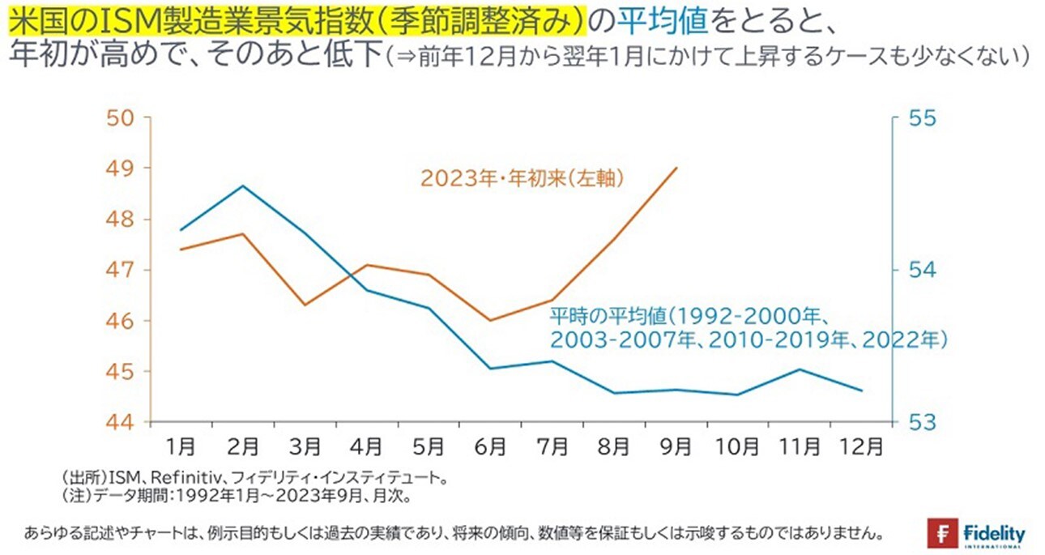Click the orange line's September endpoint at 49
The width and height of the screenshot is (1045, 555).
point(676,168)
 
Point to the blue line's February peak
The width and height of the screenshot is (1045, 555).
point(242,186)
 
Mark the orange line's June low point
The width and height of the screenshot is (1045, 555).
point(490,320)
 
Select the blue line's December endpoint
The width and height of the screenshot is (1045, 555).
point(861,391)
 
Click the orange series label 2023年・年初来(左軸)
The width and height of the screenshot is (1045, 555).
point(522,178)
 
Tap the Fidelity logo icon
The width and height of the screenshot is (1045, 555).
point(943,534)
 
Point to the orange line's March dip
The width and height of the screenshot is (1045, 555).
point(304,305)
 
